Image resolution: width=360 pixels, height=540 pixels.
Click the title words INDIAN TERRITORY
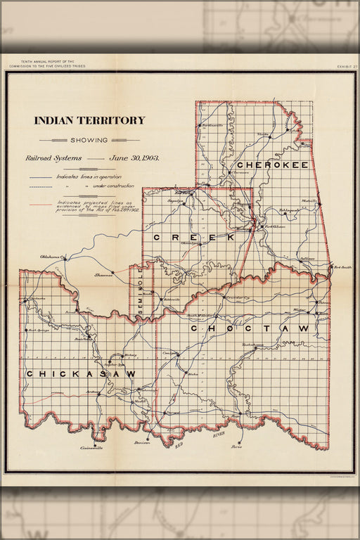(89, 120)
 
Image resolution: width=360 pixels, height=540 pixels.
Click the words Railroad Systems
(64, 158)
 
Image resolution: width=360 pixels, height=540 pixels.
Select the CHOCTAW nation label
(249, 328)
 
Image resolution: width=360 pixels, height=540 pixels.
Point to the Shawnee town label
(104, 275)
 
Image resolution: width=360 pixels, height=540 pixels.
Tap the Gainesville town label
(92, 448)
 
